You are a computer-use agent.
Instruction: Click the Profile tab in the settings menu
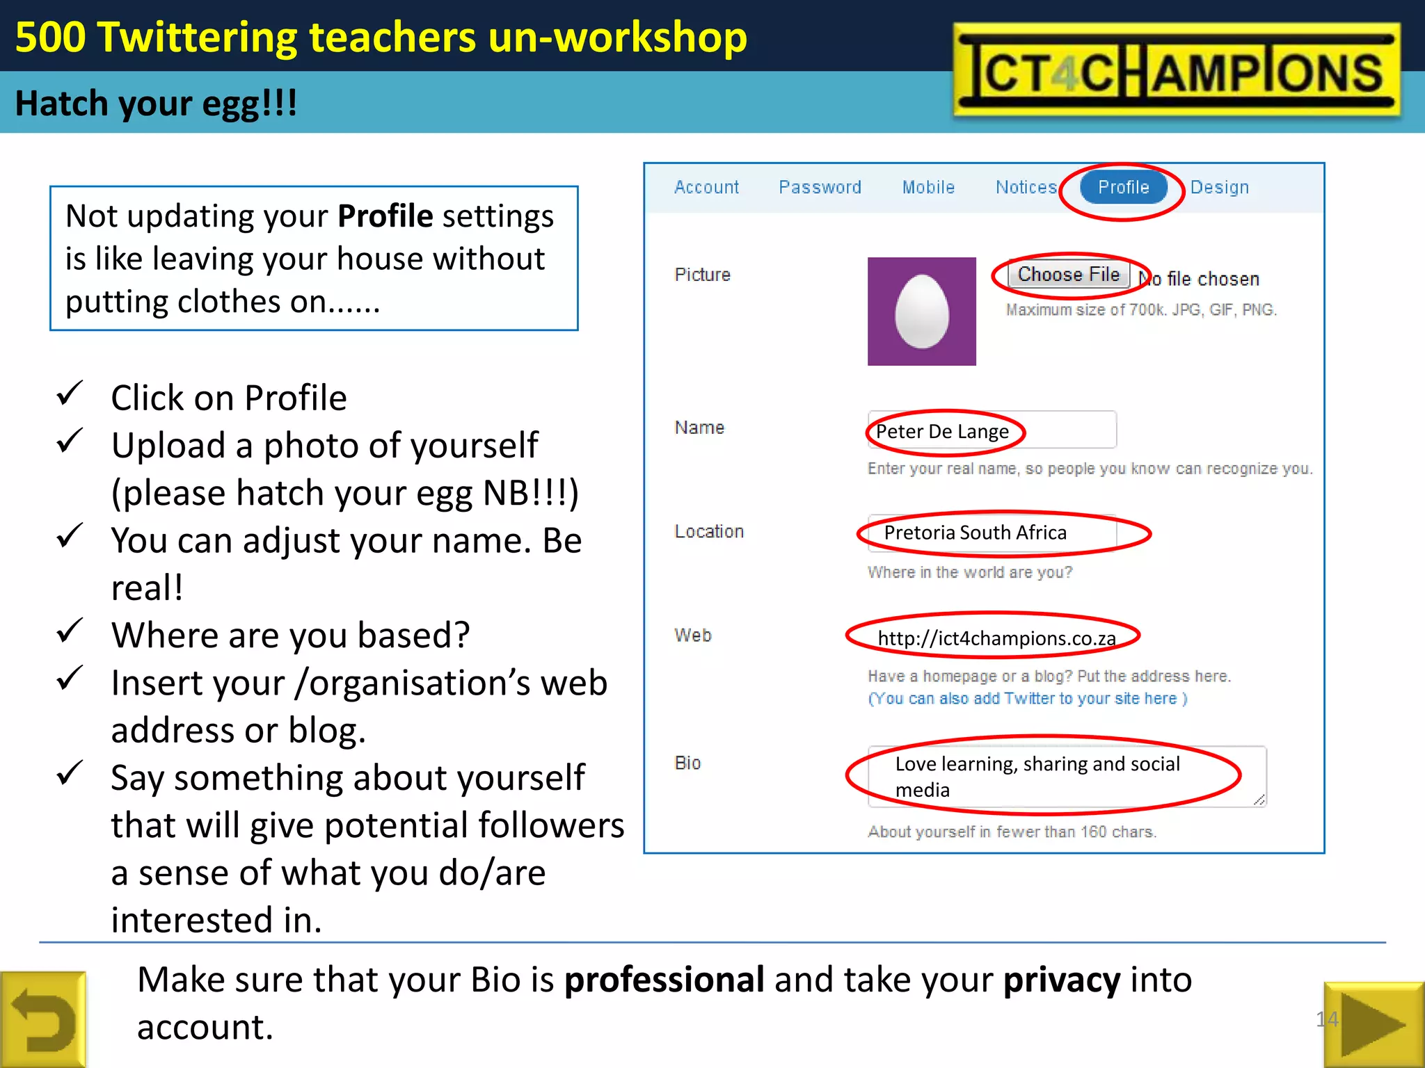tap(1123, 187)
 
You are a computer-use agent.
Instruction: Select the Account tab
tap(706, 187)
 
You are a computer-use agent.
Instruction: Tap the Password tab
tap(820, 187)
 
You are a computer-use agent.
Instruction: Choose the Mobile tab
tap(928, 187)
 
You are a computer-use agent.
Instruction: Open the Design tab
tap(1219, 187)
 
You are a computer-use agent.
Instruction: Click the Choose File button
tap(1069, 275)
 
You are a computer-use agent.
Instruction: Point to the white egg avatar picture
tap(921, 311)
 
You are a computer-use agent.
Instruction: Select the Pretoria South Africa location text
tap(975, 533)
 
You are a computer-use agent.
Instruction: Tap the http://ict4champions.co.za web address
tap(996, 638)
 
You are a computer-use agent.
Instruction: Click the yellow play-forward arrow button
tap(1373, 1023)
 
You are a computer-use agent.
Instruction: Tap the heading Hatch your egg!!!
tap(156, 104)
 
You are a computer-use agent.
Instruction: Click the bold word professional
tap(664, 980)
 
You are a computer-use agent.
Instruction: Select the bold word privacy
tap(1062, 980)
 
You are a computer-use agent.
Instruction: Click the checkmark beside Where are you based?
tap(70, 631)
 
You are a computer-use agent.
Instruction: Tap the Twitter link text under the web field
tap(1027, 698)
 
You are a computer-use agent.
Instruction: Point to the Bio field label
tap(687, 763)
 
